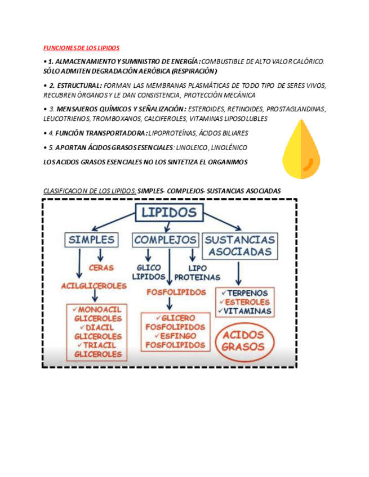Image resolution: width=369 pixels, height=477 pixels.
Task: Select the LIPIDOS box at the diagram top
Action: point(168,213)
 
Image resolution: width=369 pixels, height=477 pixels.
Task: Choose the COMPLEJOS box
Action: point(166,240)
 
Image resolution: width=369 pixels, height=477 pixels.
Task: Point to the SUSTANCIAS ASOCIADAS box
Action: point(241,245)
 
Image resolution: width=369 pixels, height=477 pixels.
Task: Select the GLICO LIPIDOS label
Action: point(146,272)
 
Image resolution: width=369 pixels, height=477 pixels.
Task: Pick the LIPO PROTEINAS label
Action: point(197,273)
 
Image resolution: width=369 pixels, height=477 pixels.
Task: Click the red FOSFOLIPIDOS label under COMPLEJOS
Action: point(176,292)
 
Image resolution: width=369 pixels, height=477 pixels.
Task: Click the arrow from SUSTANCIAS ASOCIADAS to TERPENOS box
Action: point(238,272)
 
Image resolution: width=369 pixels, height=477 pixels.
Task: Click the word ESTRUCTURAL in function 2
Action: point(83,85)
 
